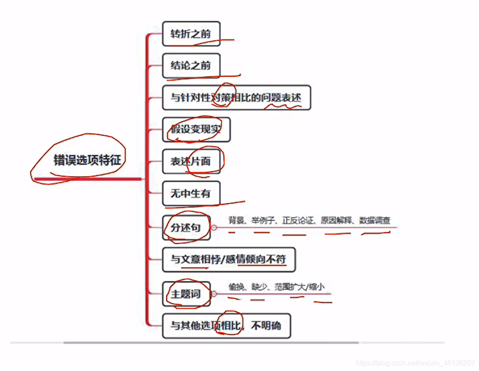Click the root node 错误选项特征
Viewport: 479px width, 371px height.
pos(87,160)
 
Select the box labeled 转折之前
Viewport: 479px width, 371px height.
pos(191,34)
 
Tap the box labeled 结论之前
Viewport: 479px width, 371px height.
pos(191,66)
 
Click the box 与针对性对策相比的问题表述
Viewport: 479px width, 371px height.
pos(236,98)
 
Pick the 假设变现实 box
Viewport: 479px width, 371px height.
pos(196,130)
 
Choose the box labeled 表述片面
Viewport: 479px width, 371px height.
pos(191,161)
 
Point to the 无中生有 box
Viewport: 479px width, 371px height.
pos(191,193)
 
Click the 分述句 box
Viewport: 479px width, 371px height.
pos(186,227)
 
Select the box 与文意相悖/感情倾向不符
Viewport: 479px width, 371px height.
pos(228,259)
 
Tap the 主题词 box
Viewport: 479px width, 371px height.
pos(186,294)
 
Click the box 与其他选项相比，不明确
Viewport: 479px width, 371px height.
pos(226,326)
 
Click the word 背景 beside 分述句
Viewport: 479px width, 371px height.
pos(236,220)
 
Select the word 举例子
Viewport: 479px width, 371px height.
pos(263,220)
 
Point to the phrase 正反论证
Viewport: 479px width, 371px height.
pos(298,220)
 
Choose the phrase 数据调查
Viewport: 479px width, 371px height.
pos(375,220)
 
